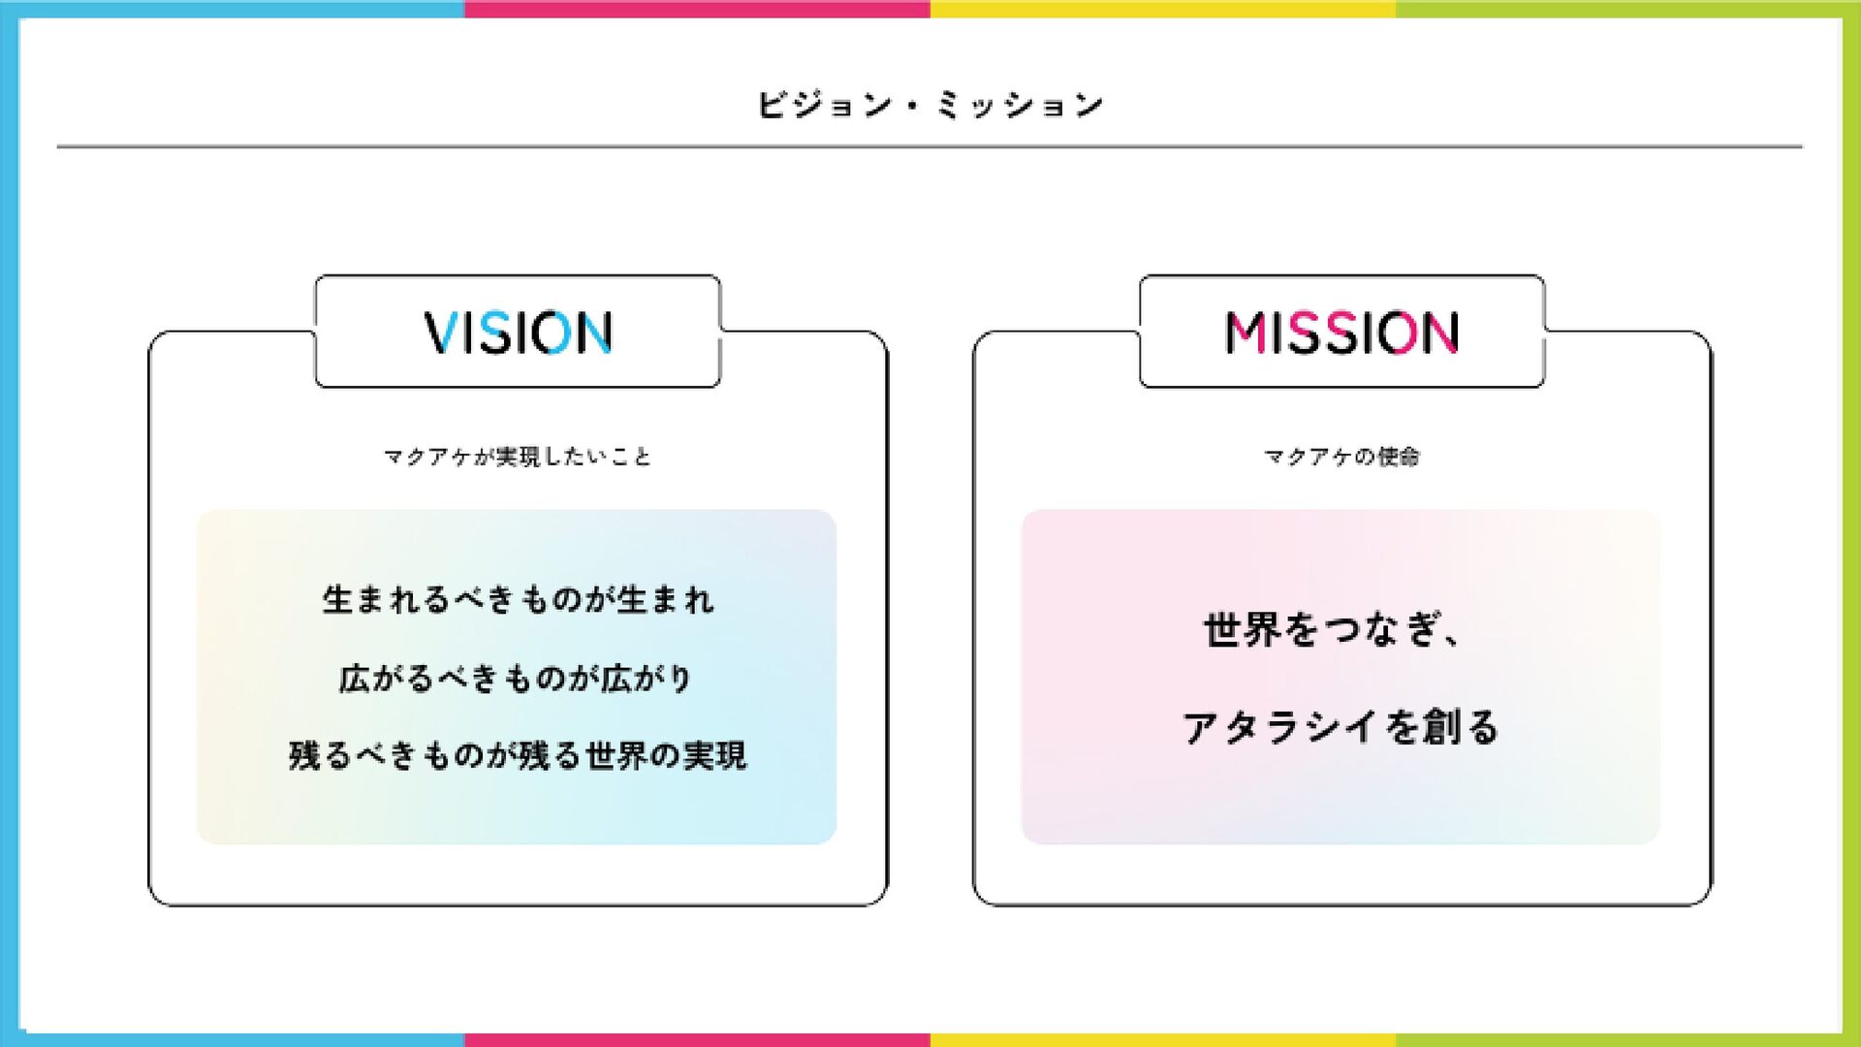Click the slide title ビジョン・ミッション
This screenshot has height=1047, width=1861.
tap(930, 105)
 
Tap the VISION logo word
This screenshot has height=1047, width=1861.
tap(518, 333)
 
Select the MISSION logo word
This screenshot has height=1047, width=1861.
tap(1341, 333)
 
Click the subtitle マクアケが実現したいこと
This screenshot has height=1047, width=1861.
tap(518, 457)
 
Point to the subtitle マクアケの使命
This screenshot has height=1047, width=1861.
tap(1341, 457)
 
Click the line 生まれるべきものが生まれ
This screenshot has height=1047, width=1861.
tap(518, 600)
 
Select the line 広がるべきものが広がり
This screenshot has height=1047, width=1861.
tap(516, 679)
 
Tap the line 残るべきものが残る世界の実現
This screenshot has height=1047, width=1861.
tap(518, 756)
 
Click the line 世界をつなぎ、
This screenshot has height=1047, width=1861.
tap(1332, 630)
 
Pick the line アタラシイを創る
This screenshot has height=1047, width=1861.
tap(1341, 727)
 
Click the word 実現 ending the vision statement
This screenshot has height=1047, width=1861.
tap(714, 756)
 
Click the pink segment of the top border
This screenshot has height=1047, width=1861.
tap(697, 9)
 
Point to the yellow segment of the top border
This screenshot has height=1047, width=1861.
tap(1162, 9)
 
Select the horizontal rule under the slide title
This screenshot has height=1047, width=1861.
tap(930, 147)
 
